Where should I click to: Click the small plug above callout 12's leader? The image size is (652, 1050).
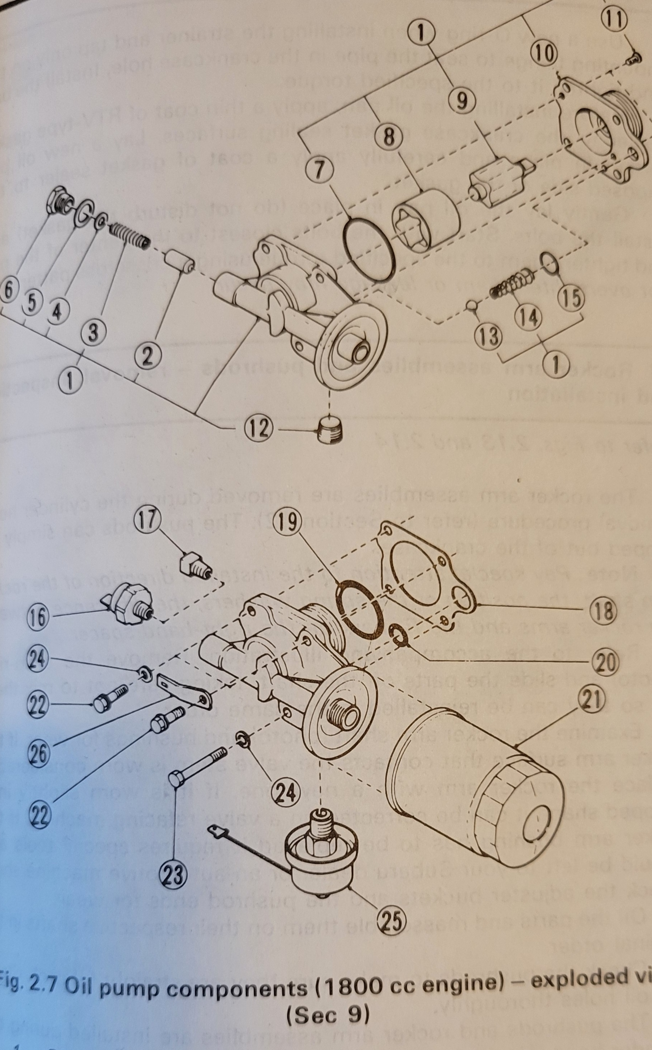point(331,428)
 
